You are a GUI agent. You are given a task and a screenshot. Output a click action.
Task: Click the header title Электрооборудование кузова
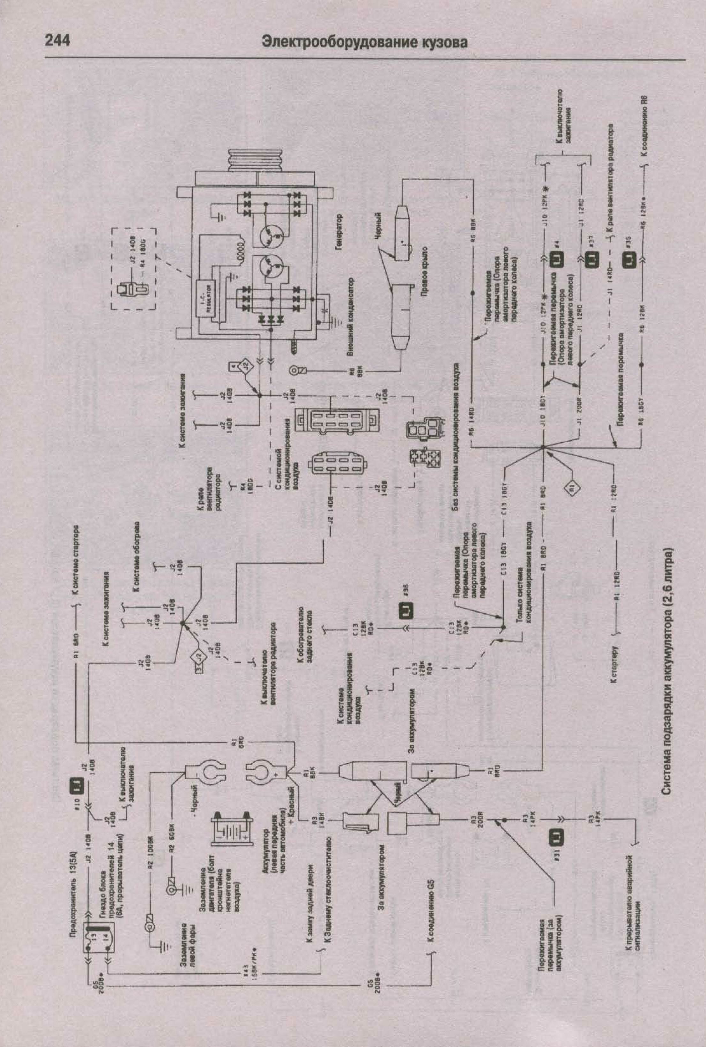click(364, 42)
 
